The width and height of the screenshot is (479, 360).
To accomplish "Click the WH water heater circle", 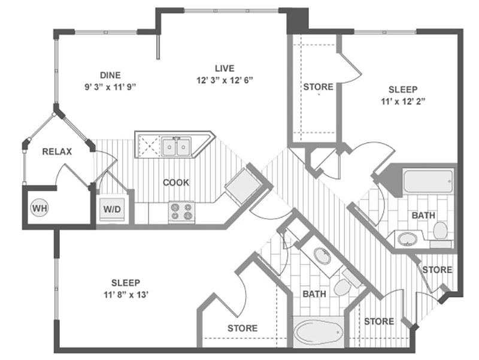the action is [40, 208].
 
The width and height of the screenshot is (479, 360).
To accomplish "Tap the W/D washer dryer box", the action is [112, 209].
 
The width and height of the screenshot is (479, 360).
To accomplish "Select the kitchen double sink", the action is [176, 147].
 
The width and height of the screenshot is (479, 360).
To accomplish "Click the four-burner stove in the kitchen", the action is [181, 211].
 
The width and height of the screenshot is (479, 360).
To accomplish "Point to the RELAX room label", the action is [57, 152].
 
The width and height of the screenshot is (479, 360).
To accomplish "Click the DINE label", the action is [110, 75].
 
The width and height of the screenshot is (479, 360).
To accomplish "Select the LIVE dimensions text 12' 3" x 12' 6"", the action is [225, 80].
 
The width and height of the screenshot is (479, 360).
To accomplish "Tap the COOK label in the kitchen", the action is [176, 183].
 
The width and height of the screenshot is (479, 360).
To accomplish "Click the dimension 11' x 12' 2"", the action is [403, 101].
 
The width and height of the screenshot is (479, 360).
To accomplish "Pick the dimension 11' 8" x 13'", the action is [126, 295].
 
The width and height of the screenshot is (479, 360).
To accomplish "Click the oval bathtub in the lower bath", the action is [318, 332].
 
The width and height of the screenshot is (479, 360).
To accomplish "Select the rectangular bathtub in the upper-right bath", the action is [428, 181].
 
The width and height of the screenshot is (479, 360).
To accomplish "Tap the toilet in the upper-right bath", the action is [440, 231].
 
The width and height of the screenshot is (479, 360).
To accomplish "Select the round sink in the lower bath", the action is [322, 256].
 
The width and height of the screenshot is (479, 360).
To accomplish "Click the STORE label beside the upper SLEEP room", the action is [318, 87].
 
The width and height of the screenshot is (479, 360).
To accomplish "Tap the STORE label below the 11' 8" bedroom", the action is [242, 328].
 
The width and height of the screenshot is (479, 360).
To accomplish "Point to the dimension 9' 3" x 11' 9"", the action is [110, 87].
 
